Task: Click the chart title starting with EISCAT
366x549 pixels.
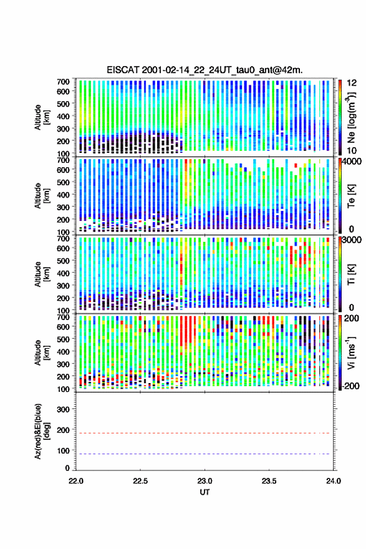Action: (x=205, y=70)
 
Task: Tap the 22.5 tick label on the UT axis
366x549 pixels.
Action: (x=140, y=481)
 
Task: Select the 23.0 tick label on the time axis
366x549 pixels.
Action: (x=205, y=481)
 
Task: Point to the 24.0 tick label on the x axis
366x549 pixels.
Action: (x=334, y=481)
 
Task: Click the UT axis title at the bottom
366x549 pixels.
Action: (x=205, y=492)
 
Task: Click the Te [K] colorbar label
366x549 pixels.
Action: (x=351, y=196)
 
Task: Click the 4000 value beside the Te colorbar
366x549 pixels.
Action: (x=352, y=162)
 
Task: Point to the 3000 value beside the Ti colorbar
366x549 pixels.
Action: (x=352, y=241)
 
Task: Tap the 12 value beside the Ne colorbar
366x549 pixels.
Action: (x=352, y=83)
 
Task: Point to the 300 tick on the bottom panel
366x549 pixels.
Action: (x=63, y=409)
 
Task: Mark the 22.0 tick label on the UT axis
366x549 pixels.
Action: (x=76, y=481)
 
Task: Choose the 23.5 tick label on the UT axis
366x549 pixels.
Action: (x=269, y=481)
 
